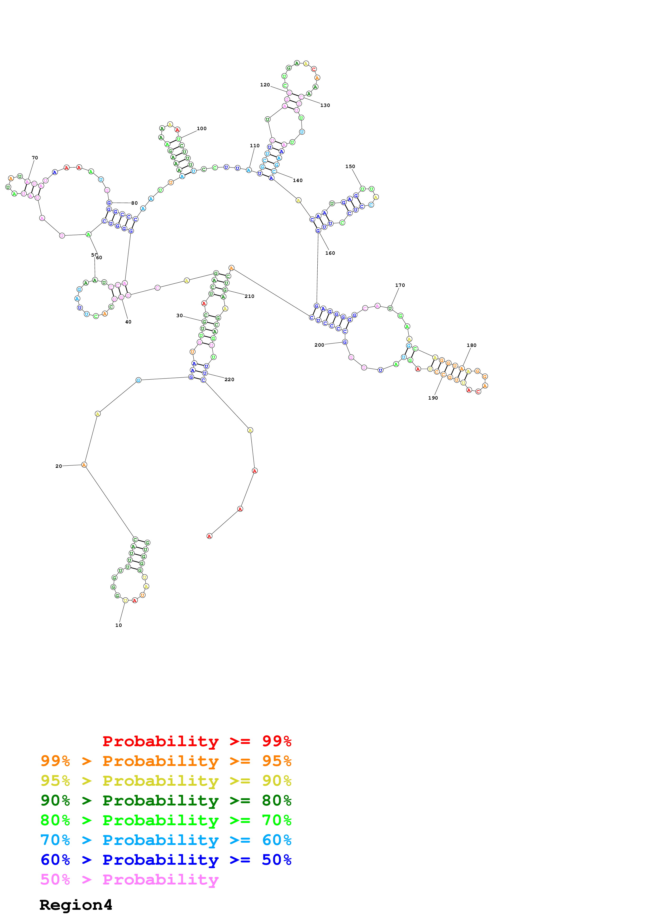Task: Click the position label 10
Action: point(118,625)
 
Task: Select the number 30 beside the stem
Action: point(179,316)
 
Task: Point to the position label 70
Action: point(35,158)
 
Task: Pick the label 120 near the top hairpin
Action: point(265,85)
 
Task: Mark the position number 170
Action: point(400,285)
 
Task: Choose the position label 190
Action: point(433,398)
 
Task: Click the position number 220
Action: point(229,380)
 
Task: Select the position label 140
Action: point(298,180)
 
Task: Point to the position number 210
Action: point(249,296)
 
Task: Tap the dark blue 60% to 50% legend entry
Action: point(166,860)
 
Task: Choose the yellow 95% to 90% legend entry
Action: point(166,781)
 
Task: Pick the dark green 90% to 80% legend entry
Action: point(166,800)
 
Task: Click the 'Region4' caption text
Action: point(76,905)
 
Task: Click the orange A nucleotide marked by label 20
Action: point(84,465)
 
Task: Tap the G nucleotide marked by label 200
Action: point(345,342)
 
